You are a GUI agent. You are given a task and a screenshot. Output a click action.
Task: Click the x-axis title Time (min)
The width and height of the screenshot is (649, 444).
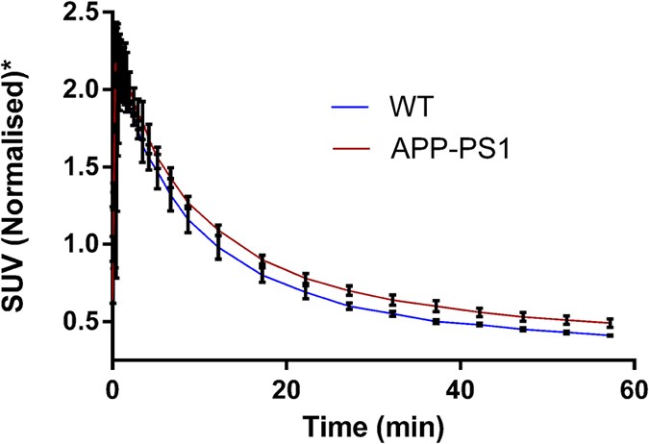point(373,424)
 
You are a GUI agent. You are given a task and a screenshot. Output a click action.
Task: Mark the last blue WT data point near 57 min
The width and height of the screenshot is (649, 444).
point(609,334)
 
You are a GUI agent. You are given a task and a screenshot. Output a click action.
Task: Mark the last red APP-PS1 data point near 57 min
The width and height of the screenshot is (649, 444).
point(609,323)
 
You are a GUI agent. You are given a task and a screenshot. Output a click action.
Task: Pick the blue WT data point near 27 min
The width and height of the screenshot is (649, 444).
point(349,306)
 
